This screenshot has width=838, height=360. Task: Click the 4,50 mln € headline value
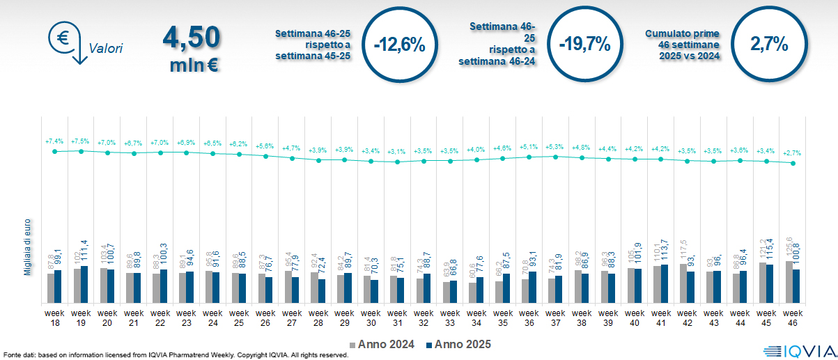point(192,47)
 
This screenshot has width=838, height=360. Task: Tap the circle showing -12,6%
point(399,45)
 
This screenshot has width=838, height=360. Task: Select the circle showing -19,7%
point(584,45)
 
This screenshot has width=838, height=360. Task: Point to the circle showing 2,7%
point(769,45)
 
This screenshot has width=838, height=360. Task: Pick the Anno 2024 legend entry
point(381,344)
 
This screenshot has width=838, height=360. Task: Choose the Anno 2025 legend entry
point(458,344)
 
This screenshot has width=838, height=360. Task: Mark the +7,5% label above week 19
point(81,141)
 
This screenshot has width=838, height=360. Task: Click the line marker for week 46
point(793,164)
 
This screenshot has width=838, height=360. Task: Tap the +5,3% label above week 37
point(555,147)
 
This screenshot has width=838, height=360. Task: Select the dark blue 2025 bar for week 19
point(84,284)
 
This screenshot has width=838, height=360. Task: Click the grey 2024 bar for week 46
point(789,282)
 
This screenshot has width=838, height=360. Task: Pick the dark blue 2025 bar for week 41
point(665,283)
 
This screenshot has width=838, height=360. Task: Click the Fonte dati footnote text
point(174,355)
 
